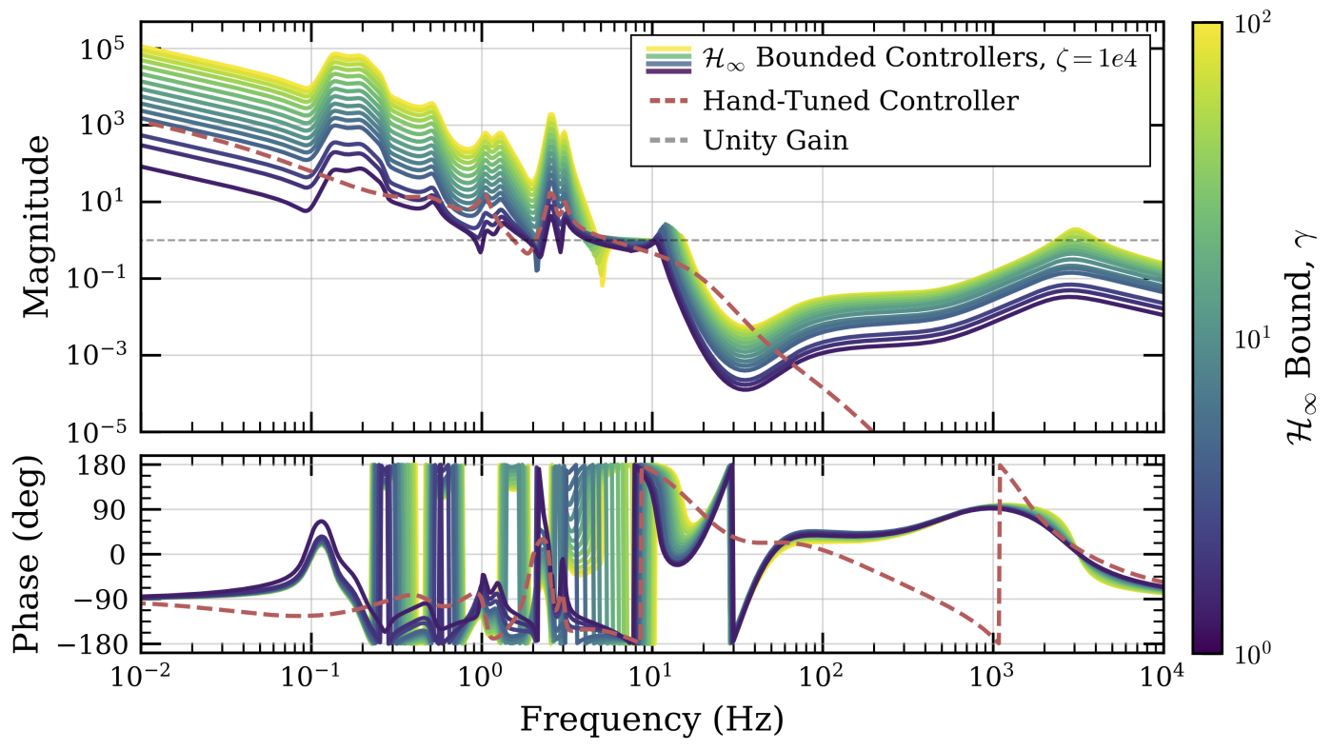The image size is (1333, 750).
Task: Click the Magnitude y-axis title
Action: [x=35, y=226]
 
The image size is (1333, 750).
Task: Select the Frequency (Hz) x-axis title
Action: [x=651, y=719]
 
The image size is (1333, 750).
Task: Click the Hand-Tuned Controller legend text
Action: [x=861, y=99]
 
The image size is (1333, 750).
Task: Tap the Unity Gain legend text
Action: [x=776, y=141]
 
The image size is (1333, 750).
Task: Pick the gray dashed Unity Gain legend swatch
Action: [x=667, y=141]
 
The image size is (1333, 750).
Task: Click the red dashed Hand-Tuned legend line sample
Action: [x=667, y=99]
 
